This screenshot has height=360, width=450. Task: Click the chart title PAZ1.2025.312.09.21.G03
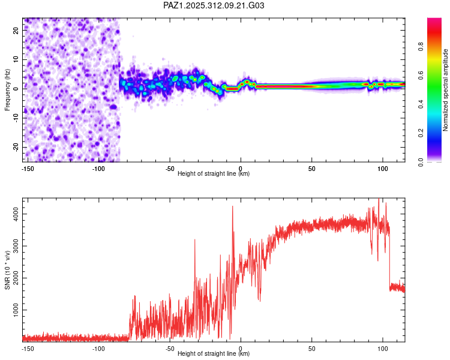214,6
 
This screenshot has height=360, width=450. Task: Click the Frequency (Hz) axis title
7,90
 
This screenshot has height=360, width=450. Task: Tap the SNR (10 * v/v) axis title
7,270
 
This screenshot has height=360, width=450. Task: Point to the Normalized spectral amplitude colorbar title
445,90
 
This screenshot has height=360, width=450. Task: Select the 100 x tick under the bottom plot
383,348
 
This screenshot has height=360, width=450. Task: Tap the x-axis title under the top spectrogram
214,174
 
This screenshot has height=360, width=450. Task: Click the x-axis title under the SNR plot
214,354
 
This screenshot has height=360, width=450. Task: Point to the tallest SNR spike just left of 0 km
232,207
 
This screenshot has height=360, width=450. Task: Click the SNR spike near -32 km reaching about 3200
195,240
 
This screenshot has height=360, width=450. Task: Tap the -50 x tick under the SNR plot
170,348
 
